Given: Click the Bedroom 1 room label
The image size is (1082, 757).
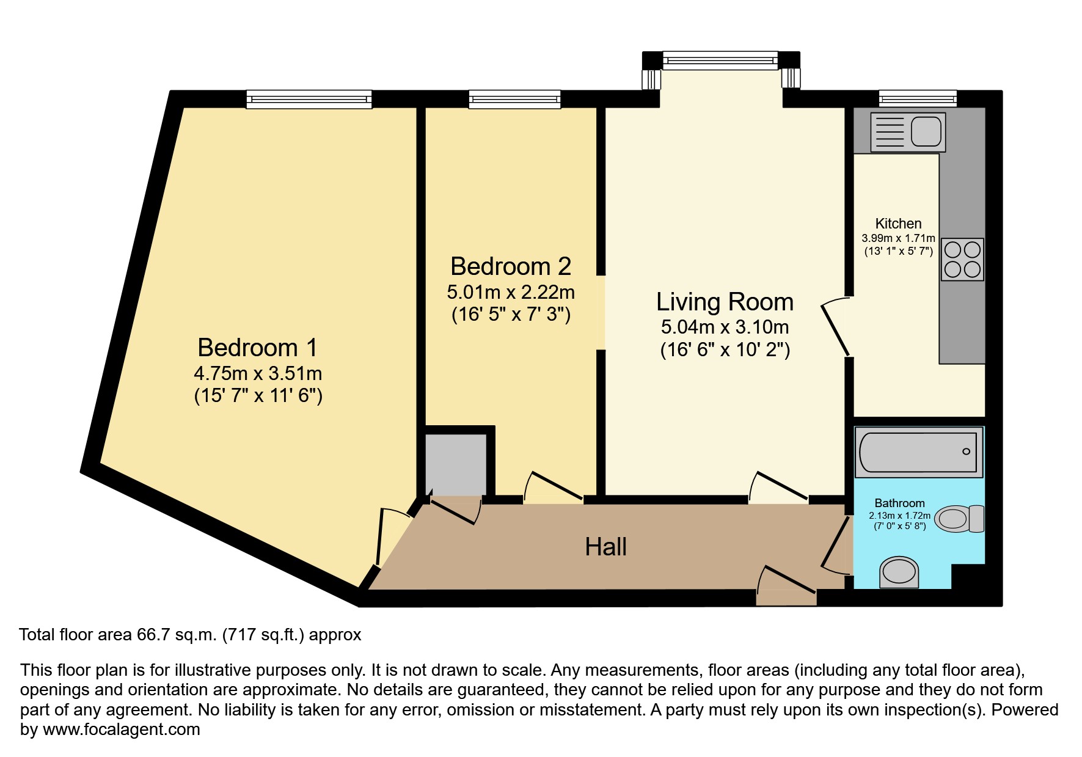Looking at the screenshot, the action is coord(258,348).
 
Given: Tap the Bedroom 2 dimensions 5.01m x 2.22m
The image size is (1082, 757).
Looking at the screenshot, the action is coord(511,292).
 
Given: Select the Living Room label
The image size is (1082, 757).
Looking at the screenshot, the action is coord(725,302).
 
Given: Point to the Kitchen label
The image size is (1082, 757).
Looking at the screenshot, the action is coord(898,224).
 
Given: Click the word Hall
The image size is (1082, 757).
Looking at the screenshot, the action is coord(605,547).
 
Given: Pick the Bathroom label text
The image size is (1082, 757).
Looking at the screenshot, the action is coord(899,503).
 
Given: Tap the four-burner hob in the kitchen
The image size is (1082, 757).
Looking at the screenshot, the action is coord(962,259).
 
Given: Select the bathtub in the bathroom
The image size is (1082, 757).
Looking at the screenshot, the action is coord(918,452).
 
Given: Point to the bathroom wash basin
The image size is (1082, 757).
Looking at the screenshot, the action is coord(899,572).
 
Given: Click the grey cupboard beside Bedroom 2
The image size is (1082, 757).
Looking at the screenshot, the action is coord(455,464).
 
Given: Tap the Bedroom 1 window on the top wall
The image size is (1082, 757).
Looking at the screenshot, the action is coord(309,99).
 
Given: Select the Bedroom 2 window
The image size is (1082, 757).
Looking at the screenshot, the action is coord(514,99).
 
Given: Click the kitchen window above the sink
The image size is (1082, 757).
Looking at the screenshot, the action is coord(918,98).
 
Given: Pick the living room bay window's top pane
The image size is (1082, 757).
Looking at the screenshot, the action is coord(720,59).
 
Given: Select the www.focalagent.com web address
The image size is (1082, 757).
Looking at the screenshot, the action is coord(122,730).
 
